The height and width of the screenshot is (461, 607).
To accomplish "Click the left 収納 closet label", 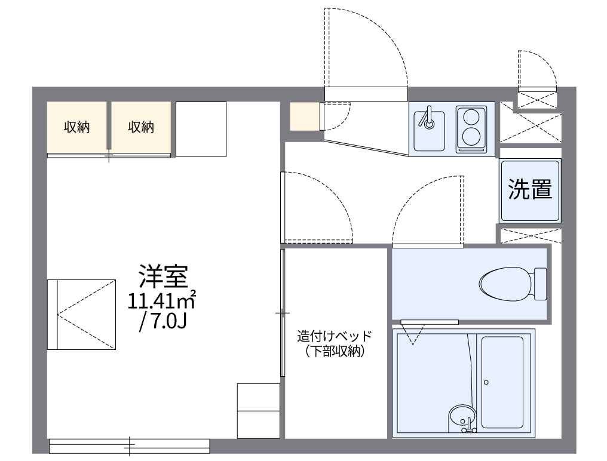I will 77,127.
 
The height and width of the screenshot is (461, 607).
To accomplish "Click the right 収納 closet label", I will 141,127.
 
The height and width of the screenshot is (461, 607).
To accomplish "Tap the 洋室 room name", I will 163,276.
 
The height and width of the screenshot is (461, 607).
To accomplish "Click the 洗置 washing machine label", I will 530,189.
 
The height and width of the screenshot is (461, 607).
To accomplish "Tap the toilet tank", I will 540,284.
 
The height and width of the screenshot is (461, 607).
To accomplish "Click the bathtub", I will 502,382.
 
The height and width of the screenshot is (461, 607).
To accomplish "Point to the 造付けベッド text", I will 335,336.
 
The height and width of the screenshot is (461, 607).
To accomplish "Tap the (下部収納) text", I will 335,352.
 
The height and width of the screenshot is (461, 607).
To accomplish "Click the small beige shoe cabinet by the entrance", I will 305,116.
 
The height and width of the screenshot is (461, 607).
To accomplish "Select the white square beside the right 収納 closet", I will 201,128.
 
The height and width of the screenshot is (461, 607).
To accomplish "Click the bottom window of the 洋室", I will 129,445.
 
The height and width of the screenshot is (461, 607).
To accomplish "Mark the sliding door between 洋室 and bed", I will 283,312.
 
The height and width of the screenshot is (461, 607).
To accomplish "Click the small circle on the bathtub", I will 487,382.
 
